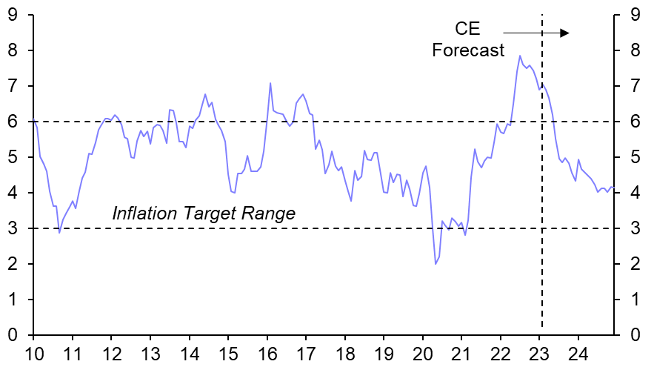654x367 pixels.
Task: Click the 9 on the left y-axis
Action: (x=13, y=15)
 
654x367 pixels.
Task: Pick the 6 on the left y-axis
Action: (x=13, y=122)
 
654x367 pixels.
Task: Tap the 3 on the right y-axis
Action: (x=635, y=228)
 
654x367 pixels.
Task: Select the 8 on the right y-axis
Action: (x=635, y=50)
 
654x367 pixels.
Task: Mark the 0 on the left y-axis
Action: (x=13, y=335)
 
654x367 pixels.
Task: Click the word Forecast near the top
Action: (x=468, y=50)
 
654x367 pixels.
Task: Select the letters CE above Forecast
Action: (x=467, y=30)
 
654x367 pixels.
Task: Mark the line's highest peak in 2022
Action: (x=520, y=56)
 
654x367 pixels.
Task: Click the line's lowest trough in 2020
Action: (x=436, y=263)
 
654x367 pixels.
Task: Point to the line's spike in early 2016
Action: (x=270, y=83)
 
